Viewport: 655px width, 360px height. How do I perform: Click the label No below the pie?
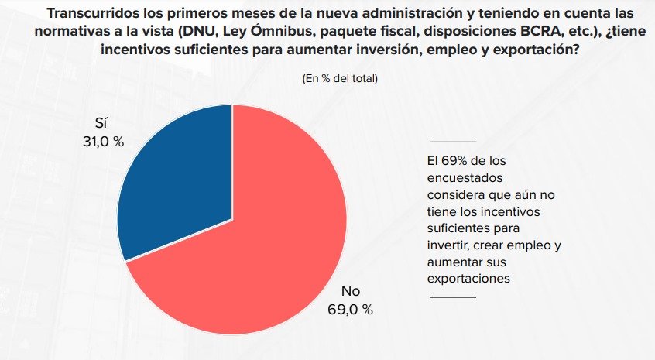click(351, 292)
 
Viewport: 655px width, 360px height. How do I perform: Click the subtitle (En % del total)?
click(340, 78)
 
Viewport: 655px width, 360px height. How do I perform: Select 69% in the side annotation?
click(454, 162)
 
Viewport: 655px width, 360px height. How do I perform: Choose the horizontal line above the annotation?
click(452, 142)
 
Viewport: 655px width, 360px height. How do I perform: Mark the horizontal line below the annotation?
click(452, 296)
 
